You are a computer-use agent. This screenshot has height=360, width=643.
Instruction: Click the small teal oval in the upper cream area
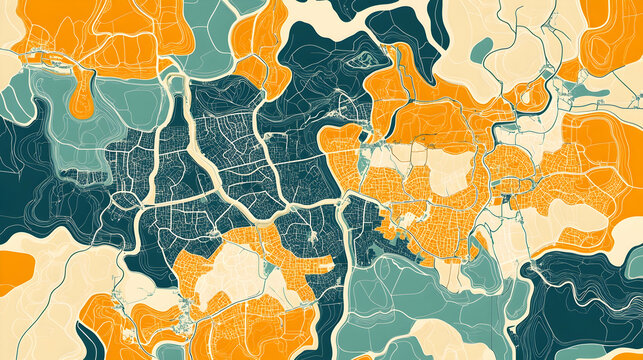click(482, 47)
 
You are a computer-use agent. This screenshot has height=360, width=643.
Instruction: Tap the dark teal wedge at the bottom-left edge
click(12, 345)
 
